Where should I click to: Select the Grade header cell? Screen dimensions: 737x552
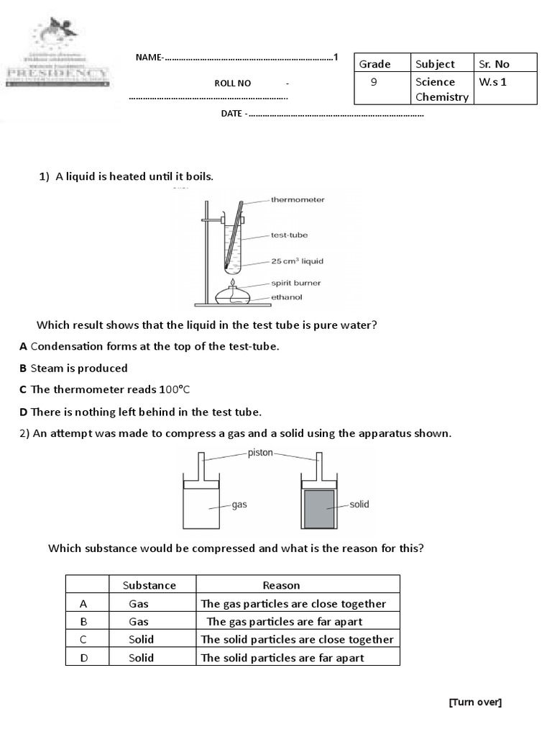click(x=374, y=64)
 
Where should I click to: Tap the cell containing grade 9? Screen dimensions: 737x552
click(x=374, y=82)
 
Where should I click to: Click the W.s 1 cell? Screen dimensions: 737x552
click(x=493, y=82)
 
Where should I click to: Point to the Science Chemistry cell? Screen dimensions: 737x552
click(x=441, y=89)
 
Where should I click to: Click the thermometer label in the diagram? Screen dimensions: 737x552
click(x=298, y=199)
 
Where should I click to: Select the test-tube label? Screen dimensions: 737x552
click(x=289, y=235)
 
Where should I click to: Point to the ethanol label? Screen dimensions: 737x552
click(x=286, y=297)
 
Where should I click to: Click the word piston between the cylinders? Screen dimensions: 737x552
click(x=259, y=453)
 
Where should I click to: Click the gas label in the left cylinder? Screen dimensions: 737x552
click(x=239, y=505)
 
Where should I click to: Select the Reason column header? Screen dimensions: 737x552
click(x=281, y=585)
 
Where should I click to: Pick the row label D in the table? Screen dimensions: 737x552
click(x=84, y=657)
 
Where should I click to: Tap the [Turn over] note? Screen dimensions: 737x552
click(x=475, y=702)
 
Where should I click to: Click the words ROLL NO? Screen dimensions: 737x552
click(x=233, y=83)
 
